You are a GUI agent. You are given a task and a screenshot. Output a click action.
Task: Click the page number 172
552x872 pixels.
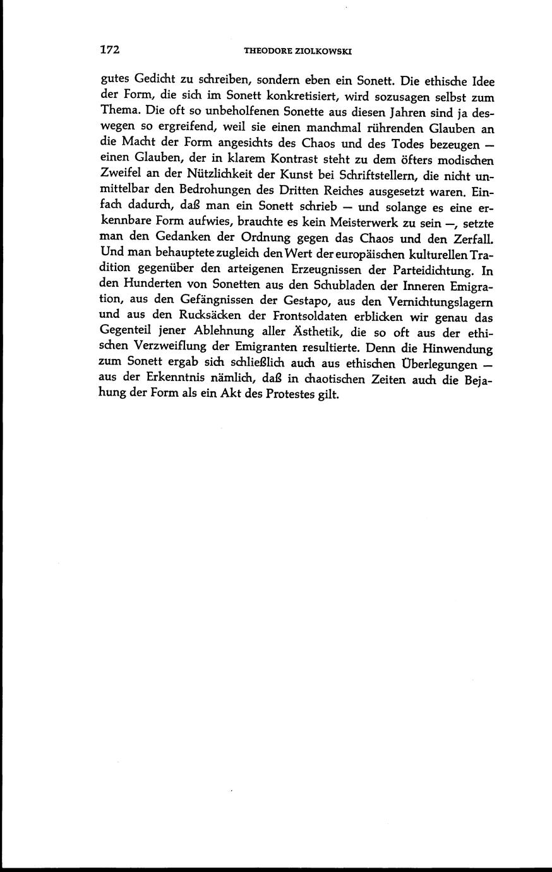[110, 50]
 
